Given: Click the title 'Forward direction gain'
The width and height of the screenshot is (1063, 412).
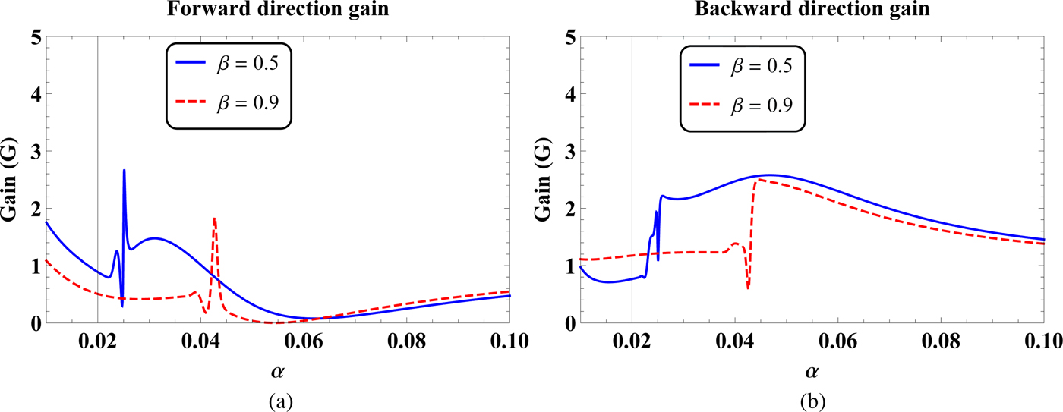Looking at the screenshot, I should [277, 11].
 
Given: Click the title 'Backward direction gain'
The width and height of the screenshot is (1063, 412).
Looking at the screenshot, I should [810, 11].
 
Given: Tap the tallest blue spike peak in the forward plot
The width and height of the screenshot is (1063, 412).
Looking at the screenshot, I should [124, 171].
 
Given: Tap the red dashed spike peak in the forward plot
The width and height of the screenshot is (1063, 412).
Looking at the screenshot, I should [215, 219].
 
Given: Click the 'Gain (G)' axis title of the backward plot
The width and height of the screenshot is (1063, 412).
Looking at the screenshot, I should [544, 181].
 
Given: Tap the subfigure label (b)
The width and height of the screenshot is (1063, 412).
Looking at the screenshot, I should [810, 398].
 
